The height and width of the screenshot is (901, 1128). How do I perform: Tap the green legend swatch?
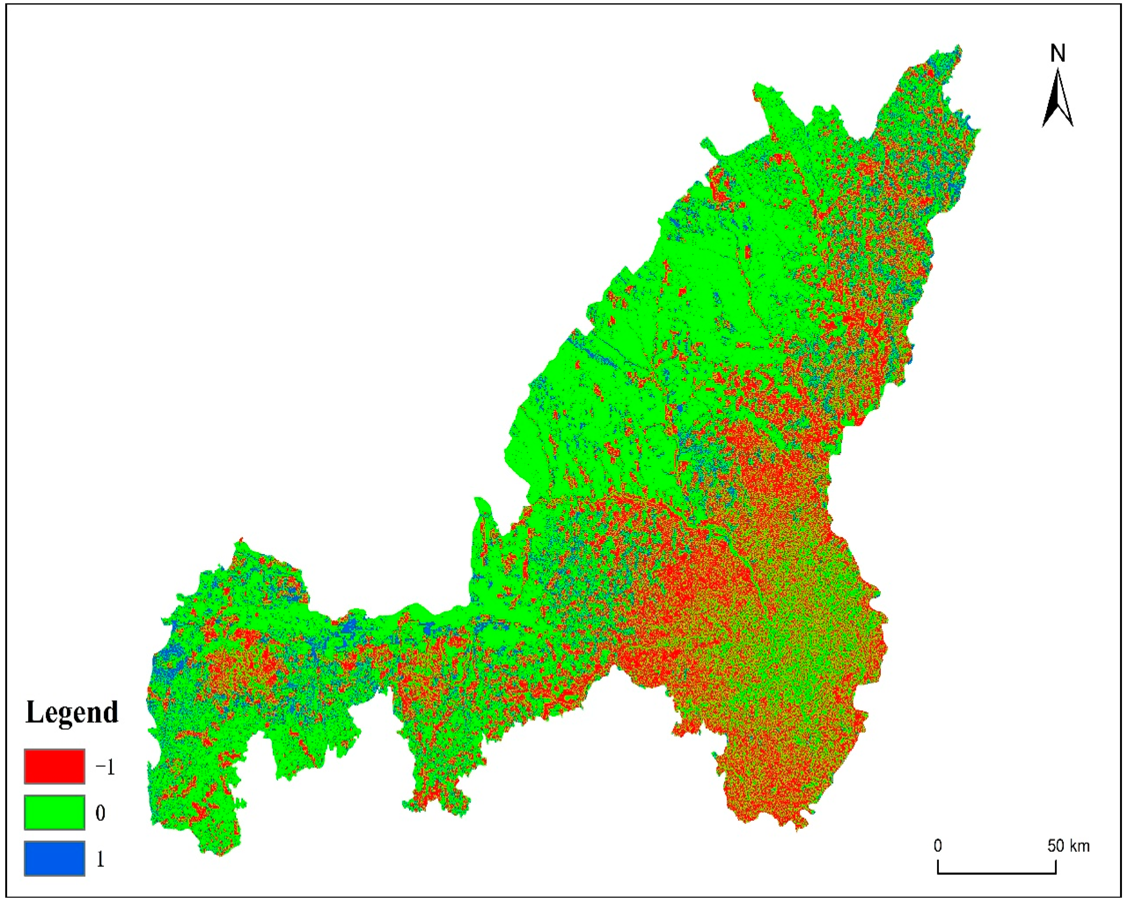(x=55, y=813)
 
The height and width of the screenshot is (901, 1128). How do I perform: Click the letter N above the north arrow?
(x=1058, y=53)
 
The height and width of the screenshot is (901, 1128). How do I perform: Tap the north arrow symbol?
(x=1058, y=99)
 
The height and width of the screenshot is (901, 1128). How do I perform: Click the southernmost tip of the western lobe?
(x=220, y=856)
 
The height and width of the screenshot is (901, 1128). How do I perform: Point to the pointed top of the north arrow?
(x=1058, y=71)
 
